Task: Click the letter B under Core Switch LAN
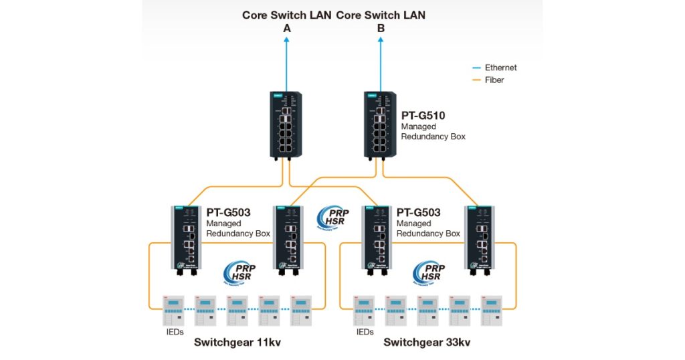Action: tap(381, 28)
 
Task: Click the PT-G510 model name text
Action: tap(423, 116)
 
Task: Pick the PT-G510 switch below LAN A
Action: tap(286, 124)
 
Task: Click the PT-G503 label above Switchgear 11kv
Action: tap(228, 213)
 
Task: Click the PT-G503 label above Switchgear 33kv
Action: tap(419, 213)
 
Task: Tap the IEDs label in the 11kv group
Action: tap(175, 331)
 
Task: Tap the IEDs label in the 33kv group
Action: tap(365, 331)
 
